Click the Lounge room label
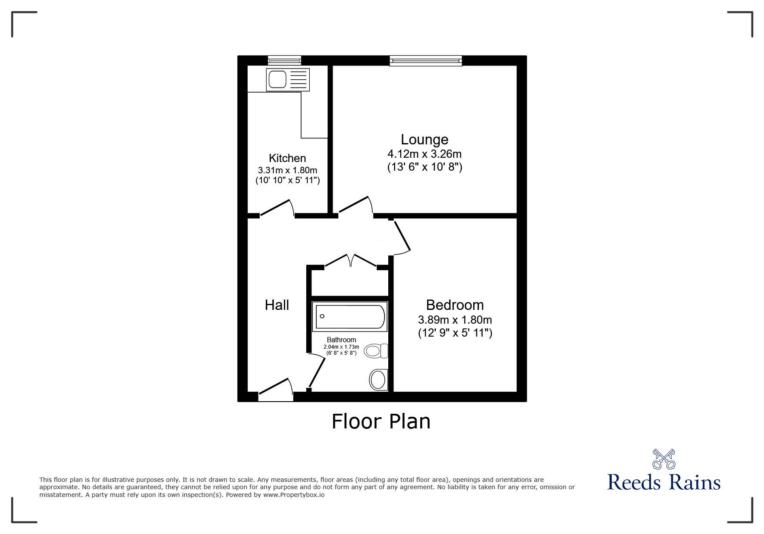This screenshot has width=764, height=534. tap(424, 140)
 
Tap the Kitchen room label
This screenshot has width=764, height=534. tap(287, 158)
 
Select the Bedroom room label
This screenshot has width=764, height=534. tap(455, 305)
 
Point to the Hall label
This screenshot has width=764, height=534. tap(277, 305)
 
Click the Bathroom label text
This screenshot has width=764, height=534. tap(341, 340)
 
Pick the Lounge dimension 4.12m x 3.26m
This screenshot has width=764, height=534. tap(424, 154)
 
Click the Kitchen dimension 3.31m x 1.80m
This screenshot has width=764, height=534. tap(287, 170)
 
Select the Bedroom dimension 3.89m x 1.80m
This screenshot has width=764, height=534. tap(455, 320)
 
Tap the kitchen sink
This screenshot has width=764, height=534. tap(288, 80)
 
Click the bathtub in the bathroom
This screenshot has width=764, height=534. tap(350, 317)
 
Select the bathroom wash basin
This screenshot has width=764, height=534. tap(378, 380)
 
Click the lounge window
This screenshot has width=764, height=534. tap(425, 61)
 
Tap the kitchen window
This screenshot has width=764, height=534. tap(284, 61)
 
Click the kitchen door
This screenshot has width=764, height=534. tap(277, 208)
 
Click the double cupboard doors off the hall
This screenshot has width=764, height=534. tap(351, 260)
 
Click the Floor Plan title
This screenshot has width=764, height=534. tap(381, 422)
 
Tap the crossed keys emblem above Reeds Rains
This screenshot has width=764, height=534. tap(663, 459)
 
